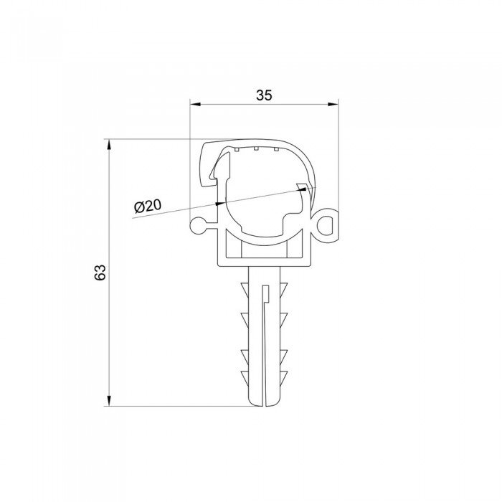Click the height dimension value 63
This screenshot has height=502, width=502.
tap(100, 272)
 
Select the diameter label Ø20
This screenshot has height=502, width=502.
tap(147, 206)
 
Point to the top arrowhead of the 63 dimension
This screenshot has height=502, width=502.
tap(109, 144)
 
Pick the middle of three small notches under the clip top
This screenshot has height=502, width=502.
tap(255, 149)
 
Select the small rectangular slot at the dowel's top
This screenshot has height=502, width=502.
tap(265, 293)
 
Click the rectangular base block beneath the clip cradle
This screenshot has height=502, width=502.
tap(265, 254)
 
